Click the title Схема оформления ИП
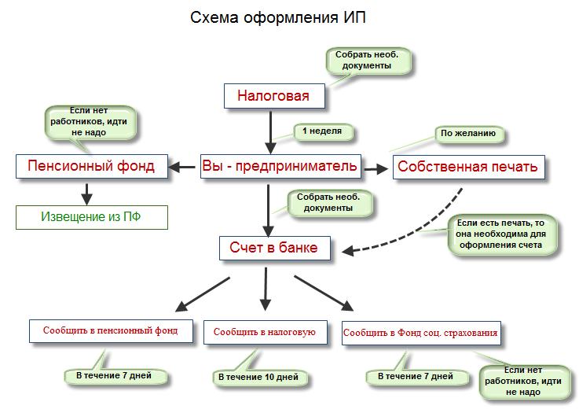[277, 17]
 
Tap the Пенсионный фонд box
[91, 166]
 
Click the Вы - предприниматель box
[281, 166]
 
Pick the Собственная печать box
[467, 166]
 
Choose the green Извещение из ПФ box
[92, 216]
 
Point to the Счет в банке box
[273, 248]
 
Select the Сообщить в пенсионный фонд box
[110, 330]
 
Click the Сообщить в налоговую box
[264, 332]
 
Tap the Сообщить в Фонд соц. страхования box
[420, 333]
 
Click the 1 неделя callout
[321, 131]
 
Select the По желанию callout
[468, 134]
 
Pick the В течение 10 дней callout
[258, 378]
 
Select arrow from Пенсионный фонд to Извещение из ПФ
[87, 193]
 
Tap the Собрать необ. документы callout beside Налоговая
[370, 61]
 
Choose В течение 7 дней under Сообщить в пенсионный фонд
[113, 376]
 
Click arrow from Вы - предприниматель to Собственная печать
[377, 167]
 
